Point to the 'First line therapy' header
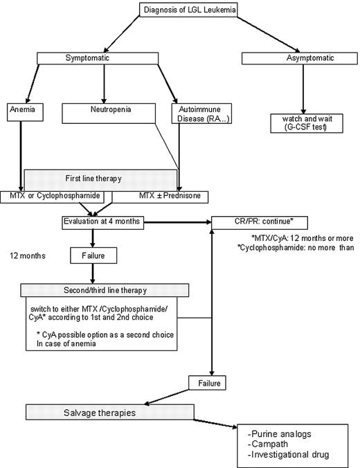click(x=98, y=178)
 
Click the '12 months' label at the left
click(x=28, y=255)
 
